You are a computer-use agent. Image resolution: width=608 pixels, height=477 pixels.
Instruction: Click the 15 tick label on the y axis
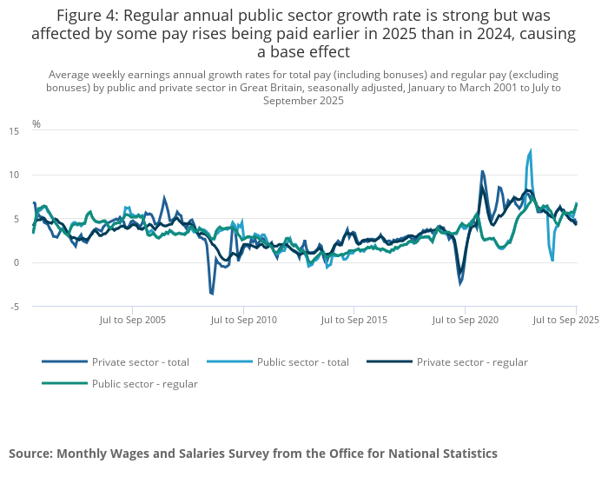(14, 131)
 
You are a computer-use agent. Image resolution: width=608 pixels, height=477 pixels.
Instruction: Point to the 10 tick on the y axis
(14, 175)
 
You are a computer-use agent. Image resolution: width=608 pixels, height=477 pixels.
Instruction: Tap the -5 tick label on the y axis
(14, 306)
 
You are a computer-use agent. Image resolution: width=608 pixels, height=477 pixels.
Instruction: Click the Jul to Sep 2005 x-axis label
(133, 321)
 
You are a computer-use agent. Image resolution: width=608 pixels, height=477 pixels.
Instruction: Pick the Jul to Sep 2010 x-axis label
(244, 321)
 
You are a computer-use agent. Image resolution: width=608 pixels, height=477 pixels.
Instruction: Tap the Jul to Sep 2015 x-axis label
(354, 321)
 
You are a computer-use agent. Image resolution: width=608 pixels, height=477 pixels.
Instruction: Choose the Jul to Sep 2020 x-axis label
(466, 321)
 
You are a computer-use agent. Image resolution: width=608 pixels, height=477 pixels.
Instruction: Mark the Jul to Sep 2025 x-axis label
(565, 321)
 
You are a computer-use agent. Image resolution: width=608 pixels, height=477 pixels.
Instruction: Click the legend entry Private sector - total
(140, 362)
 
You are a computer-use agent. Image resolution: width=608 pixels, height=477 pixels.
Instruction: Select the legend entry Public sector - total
(302, 362)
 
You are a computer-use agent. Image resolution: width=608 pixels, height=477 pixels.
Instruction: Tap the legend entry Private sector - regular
(472, 362)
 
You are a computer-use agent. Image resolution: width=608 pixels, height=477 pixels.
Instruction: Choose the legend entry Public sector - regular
(144, 384)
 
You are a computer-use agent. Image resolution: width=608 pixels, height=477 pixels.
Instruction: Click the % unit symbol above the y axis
(36, 124)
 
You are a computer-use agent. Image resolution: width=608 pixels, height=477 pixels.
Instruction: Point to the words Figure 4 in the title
(89, 17)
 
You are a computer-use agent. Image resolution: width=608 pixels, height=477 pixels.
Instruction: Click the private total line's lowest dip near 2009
(211, 294)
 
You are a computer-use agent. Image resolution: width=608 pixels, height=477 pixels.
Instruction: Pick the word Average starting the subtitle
(69, 75)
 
